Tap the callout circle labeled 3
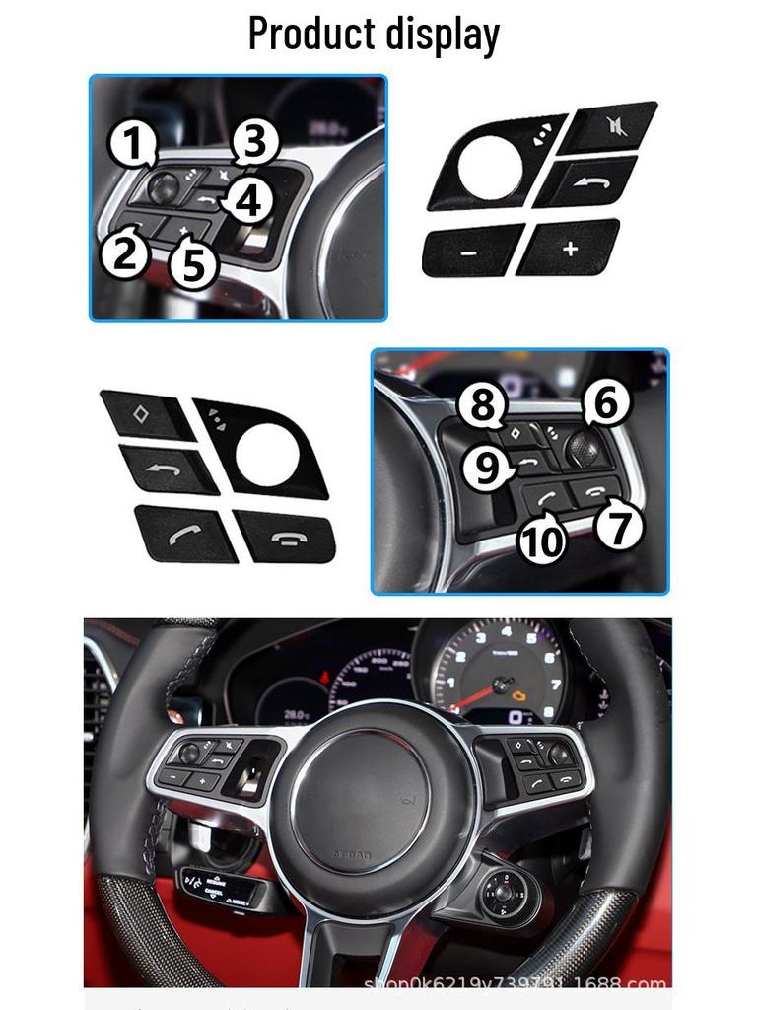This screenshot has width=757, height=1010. tap(255, 142)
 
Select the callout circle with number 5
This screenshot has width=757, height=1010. tap(193, 264)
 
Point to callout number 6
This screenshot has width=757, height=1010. tap(605, 403)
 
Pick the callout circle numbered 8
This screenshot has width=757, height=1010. tap(482, 404)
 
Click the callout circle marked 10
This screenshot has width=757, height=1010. tap(542, 539)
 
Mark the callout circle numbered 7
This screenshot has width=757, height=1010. tap(619, 527)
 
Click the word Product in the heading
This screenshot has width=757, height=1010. tap(313, 34)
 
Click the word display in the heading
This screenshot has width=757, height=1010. tap(445, 34)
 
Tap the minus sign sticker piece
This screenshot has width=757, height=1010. tap(471, 251)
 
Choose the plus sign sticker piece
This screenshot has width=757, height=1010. tap(569, 248)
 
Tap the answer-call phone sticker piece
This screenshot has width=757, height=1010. tap(183, 533)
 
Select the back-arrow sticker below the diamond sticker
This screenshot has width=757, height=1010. tap(168, 469)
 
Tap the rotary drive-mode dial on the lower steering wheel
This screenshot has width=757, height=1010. tap(505, 893)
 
